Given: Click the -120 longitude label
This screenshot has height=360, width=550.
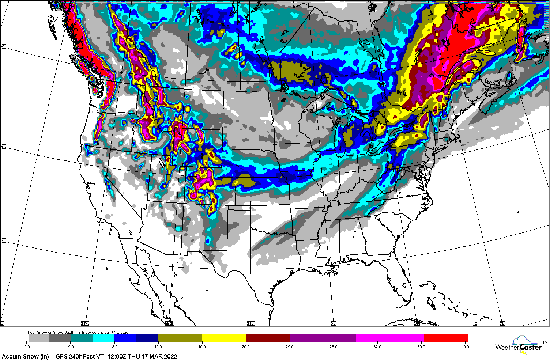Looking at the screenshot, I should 85,323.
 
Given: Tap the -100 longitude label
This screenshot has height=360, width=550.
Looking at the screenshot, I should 251,323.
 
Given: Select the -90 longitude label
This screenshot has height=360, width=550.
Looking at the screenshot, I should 334,323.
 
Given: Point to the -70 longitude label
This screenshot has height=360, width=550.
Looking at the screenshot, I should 502,323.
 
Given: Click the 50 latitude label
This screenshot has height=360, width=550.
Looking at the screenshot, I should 4,46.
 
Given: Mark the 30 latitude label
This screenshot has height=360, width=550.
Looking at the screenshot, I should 4,240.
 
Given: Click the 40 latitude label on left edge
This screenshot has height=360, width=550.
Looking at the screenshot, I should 4,147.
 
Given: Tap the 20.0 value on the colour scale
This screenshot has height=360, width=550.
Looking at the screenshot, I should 246,346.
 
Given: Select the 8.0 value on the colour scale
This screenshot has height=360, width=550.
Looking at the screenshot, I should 114,346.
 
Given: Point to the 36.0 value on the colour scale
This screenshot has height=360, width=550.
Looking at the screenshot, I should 421,346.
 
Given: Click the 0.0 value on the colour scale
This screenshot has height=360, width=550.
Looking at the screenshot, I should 27,346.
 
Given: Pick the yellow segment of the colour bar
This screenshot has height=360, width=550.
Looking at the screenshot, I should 224,338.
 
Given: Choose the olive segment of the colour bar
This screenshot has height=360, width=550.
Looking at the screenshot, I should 180,338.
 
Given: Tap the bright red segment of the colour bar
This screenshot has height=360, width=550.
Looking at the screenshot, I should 445,338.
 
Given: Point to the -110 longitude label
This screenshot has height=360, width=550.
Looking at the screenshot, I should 169,323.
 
